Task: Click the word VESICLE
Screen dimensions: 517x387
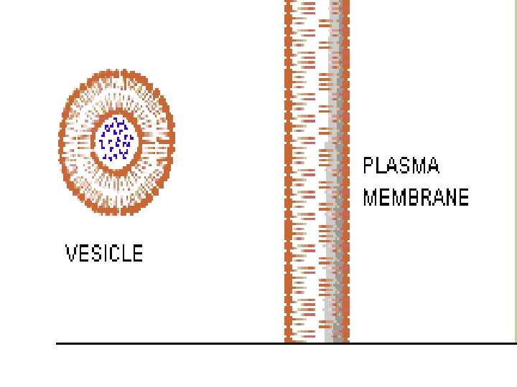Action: point(104,254)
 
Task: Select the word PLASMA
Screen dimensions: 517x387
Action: point(401,166)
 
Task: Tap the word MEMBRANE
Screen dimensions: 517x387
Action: point(416,197)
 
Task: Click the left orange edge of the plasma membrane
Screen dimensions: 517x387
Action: point(289,179)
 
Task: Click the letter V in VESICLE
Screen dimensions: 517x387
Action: point(71,254)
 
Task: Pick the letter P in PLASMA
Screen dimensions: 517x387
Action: point(369,166)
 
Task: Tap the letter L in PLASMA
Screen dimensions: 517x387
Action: point(381,166)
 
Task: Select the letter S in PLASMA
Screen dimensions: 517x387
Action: point(407,166)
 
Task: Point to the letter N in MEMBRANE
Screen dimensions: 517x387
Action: point(451,197)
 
